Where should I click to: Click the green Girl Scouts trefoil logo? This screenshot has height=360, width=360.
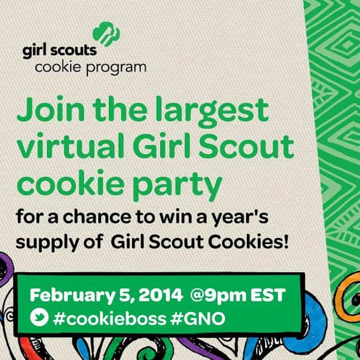[x=106, y=34]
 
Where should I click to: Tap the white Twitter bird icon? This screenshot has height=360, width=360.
[x=39, y=317]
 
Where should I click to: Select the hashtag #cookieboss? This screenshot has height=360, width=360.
[x=109, y=319]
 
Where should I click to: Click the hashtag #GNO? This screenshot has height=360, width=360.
[x=198, y=319]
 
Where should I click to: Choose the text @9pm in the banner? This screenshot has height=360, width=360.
[x=218, y=296]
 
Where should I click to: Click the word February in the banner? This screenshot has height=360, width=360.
[x=72, y=296]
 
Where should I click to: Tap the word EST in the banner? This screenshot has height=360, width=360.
[x=268, y=295]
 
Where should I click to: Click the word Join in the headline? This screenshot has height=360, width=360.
[x=51, y=109]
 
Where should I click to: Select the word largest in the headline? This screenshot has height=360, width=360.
[x=212, y=112]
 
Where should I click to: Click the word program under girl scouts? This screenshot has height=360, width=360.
[x=116, y=68]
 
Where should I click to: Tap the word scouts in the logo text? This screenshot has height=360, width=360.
[x=73, y=50]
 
